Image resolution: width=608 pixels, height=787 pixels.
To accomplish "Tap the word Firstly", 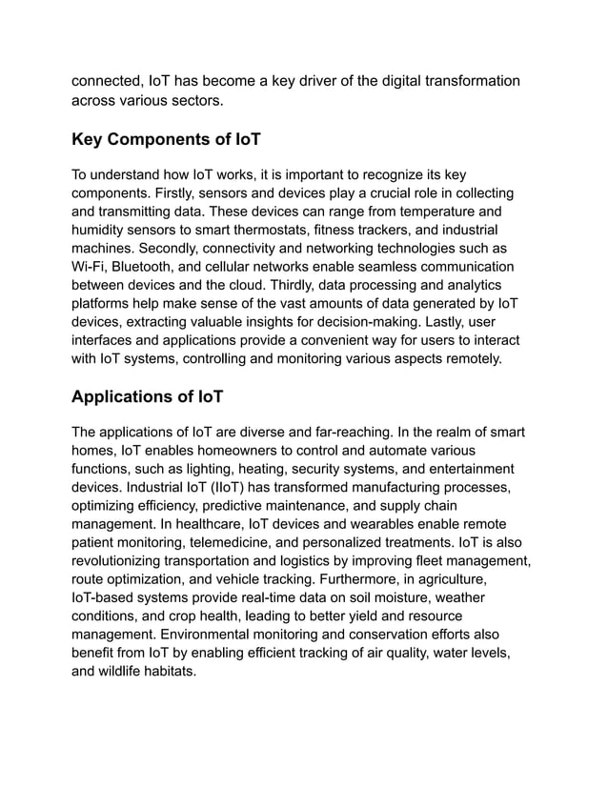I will (x=180, y=193).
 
